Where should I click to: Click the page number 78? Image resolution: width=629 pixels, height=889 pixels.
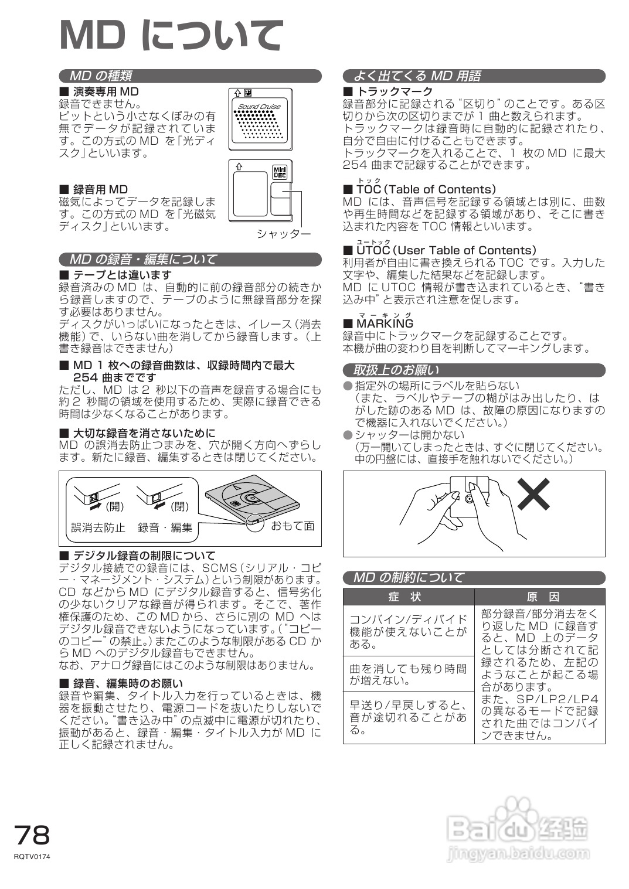coord(33,834)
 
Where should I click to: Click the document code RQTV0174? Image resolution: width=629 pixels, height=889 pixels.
coord(33,857)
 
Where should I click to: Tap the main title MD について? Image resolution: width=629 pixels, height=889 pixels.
coord(171,36)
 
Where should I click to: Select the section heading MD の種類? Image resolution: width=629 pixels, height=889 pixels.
coord(101,76)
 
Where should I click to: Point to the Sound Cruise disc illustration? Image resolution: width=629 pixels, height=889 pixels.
coord(260,116)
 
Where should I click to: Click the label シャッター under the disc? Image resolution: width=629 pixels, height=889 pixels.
coord(283,234)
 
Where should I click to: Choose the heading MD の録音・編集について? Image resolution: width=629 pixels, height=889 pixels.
coord(143,259)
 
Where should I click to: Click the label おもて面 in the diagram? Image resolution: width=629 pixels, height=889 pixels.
coord(293,526)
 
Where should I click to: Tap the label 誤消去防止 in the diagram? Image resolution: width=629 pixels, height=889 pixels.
coord(98,527)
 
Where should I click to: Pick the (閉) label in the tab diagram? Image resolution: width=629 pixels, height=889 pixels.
coord(179,506)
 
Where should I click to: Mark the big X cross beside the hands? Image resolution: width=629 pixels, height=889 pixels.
coord(533,493)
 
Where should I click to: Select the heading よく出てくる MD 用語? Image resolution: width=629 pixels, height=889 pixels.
coord(417,76)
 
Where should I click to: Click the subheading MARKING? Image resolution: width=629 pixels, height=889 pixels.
coord(385,323)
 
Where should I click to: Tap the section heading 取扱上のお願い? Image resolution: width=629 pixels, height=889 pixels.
coord(396,370)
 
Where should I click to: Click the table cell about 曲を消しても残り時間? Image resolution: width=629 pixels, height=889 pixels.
coord(408,675)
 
